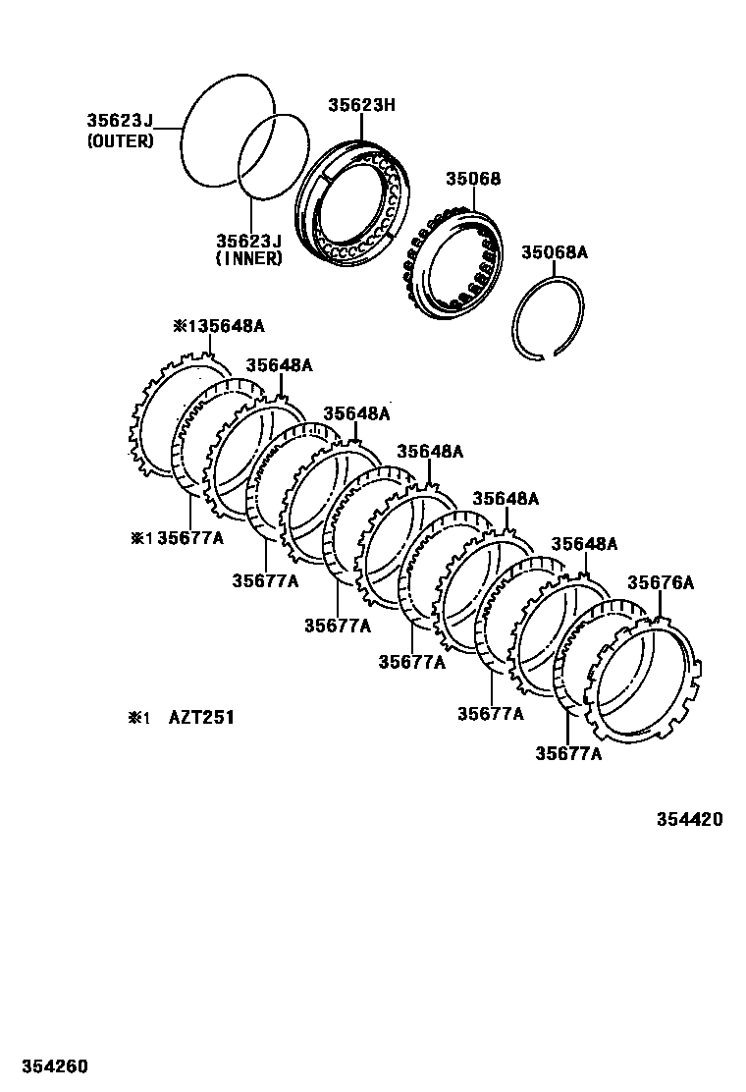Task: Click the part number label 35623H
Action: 361,103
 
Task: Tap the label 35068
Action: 473,179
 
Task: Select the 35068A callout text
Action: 554,252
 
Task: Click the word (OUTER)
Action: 121,141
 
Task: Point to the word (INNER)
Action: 249,259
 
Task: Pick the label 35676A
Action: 661,582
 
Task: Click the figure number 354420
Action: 683,819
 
